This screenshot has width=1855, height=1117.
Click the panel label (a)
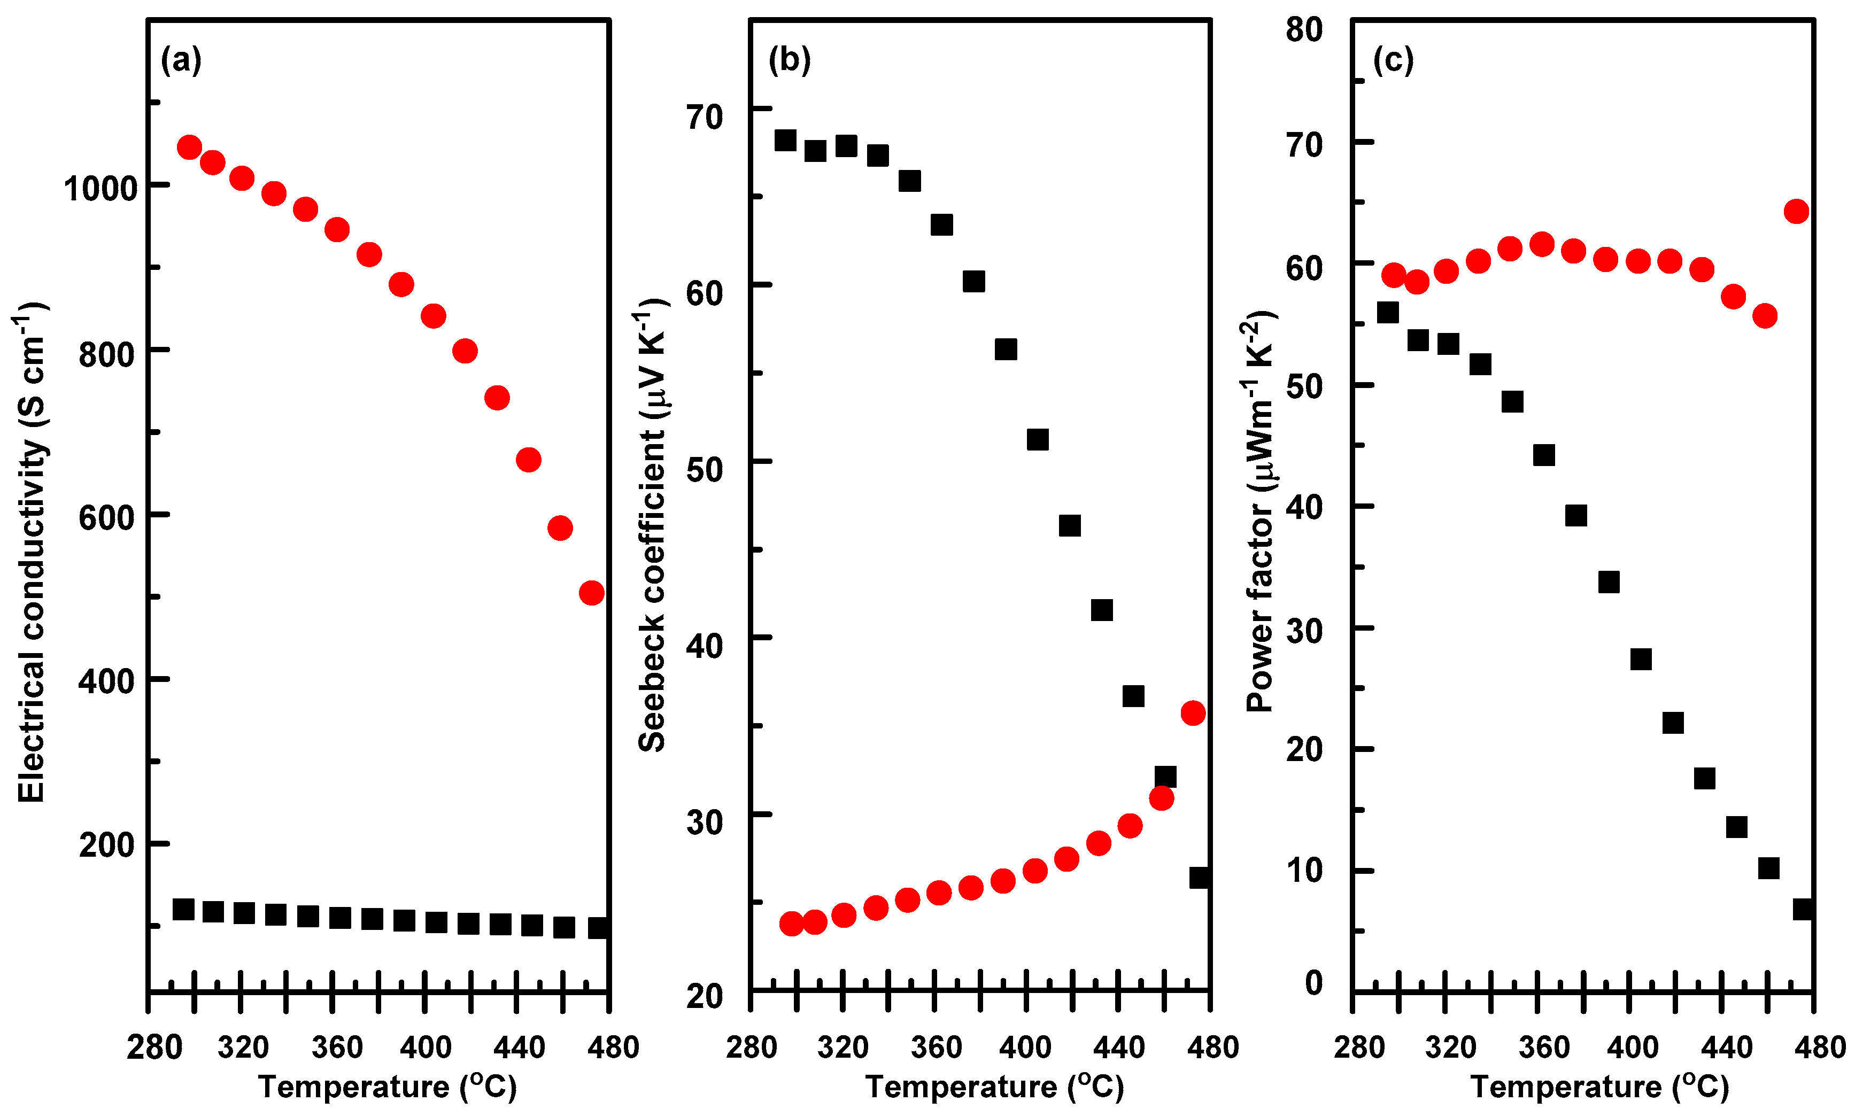[x=181, y=60]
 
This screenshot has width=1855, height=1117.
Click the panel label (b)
[x=789, y=60]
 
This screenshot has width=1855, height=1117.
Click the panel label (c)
[x=1394, y=60]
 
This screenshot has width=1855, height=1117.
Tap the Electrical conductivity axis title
[x=32, y=553]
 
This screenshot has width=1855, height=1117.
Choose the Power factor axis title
[x=1259, y=512]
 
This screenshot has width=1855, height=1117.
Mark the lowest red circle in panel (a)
[x=592, y=593]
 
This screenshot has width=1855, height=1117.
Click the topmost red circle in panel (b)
[x=1193, y=713]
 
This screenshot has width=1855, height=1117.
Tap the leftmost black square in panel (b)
[x=785, y=140]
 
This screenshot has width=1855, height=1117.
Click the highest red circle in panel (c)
[x=1796, y=212]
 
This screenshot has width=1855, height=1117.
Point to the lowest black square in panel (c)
[x=1803, y=909]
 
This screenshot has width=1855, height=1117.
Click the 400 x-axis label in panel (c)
[x=1632, y=1047]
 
